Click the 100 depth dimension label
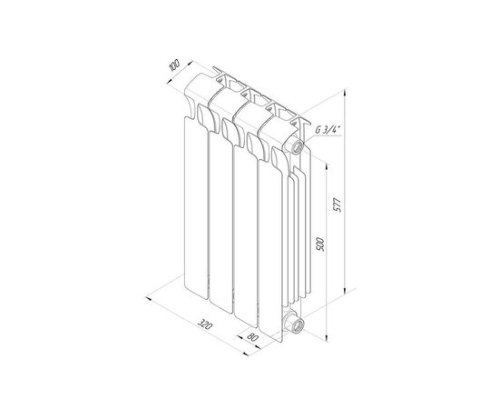174,65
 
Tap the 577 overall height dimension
338,205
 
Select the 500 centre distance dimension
320,244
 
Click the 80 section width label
251,337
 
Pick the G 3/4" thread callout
328,130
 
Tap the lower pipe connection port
295,324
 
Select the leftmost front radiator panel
196,207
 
